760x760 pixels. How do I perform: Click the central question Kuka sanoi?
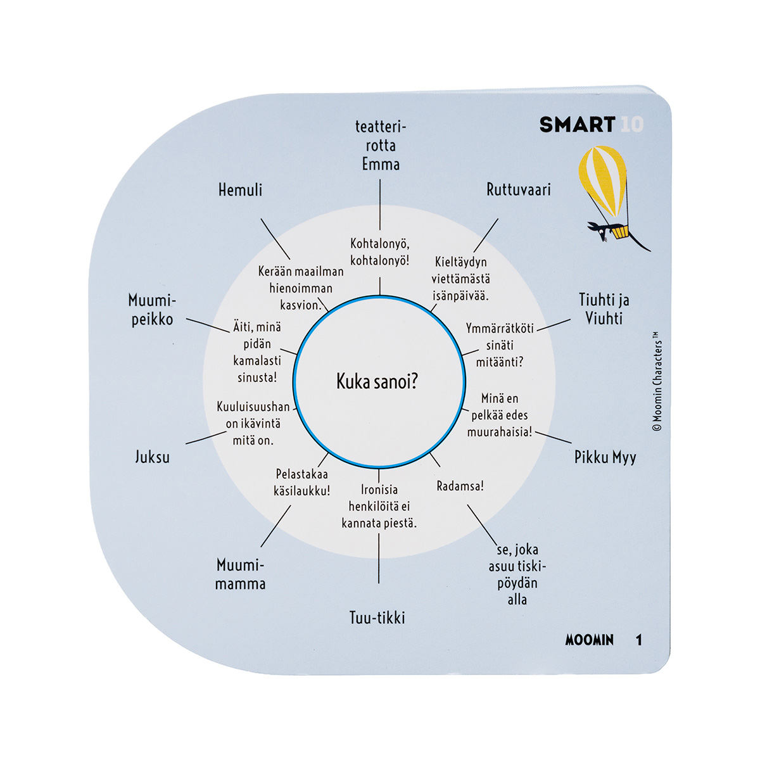[x=377, y=381]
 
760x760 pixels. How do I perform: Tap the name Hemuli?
[x=240, y=189]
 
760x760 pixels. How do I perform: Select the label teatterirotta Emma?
[x=380, y=145]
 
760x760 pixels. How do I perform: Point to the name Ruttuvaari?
[x=518, y=189]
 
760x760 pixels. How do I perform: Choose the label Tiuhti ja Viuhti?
[x=604, y=308]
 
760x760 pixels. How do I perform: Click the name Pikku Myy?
[x=605, y=457]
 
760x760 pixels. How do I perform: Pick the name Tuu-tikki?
[x=377, y=617]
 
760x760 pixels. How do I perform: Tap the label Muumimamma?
[x=240, y=574]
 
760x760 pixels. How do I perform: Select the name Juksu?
[x=152, y=457]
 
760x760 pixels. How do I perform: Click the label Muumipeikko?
[x=152, y=309]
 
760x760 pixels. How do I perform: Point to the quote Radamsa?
[x=460, y=486]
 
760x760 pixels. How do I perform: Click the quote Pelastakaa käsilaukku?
[x=302, y=482]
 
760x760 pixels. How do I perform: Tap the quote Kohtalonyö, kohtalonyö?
[x=379, y=252]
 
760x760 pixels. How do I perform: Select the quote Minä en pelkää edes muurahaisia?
[x=500, y=415]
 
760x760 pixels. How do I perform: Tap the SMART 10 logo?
[x=591, y=125]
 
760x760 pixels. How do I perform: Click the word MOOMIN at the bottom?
[x=589, y=640]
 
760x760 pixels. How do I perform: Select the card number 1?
[x=638, y=640]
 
